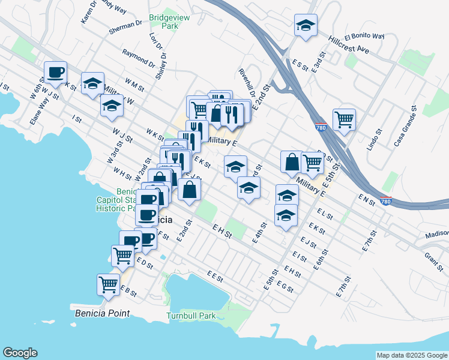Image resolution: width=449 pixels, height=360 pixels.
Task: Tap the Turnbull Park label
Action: tap(191, 316)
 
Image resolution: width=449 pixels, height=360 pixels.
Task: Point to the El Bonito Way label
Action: tap(364, 36)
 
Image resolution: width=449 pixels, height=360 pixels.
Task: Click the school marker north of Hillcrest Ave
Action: tap(306, 25)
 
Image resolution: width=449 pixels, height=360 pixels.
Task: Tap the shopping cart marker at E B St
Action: tap(108, 284)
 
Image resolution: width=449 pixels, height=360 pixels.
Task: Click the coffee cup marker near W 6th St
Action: tap(55, 72)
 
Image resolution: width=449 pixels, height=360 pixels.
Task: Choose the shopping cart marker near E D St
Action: tap(123, 255)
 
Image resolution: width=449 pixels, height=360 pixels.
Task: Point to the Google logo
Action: tap(20, 353)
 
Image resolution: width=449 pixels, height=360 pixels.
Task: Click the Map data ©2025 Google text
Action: tap(411, 355)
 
